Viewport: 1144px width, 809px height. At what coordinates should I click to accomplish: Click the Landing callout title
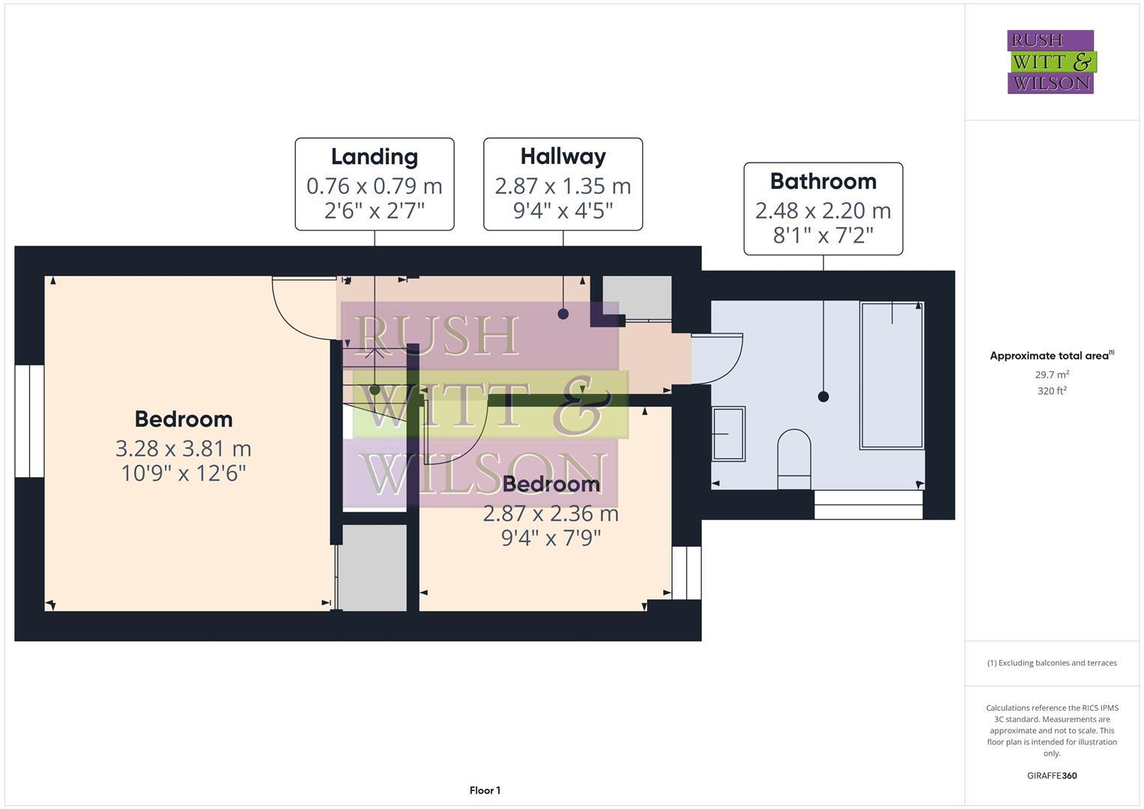coord(374,157)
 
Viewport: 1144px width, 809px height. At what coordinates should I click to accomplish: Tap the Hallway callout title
coord(563,157)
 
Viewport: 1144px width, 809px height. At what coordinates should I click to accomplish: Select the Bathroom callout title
coord(823,181)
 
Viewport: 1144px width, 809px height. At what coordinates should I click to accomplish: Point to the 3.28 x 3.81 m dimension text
coord(183,449)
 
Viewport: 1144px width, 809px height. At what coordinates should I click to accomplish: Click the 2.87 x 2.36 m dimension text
coord(551,514)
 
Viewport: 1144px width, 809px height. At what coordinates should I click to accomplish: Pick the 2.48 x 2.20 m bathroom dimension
coord(823,210)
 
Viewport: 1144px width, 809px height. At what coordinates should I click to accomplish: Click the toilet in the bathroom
coord(794,457)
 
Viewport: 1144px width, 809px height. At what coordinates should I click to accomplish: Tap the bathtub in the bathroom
coord(892,375)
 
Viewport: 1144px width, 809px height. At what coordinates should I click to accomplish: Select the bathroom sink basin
coord(727,434)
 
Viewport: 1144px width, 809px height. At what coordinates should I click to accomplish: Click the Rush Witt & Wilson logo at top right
coord(1050,61)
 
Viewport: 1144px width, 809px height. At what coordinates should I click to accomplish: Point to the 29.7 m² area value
coord(1052,375)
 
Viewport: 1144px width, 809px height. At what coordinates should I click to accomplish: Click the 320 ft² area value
coord(1052,391)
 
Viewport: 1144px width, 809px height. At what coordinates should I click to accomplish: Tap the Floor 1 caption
coord(485,790)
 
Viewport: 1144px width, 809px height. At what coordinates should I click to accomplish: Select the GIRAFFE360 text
coord(1052,776)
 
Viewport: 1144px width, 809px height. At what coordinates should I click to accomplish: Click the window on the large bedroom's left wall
coord(29,421)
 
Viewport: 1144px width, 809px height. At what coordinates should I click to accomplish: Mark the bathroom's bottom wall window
coord(868,505)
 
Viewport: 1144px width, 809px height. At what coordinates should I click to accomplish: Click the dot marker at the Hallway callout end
coord(563,314)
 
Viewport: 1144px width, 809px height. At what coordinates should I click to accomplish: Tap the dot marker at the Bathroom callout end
coord(823,397)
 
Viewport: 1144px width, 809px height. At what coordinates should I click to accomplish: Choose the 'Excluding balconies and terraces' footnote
coord(1052,663)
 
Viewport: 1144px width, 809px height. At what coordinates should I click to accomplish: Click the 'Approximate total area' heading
coord(1050,356)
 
